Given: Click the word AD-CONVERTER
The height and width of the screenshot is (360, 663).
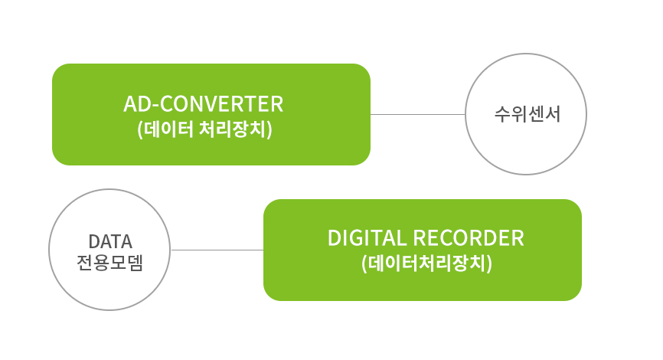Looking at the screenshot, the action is (203, 104).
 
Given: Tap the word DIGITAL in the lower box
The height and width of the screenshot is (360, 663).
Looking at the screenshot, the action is (367, 238).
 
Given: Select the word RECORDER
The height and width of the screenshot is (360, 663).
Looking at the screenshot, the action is (468, 238).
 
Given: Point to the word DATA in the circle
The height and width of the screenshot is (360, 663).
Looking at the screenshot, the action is (110, 242).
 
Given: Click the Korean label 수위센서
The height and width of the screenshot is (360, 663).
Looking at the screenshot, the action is (527, 114).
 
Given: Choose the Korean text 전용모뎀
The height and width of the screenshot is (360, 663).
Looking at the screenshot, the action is (110, 263).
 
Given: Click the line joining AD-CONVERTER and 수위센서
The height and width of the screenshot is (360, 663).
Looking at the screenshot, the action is (418, 114).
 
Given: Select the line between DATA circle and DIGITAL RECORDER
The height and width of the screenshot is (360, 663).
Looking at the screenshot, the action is (217, 250).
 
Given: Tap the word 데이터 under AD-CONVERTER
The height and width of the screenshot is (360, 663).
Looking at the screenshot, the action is (168, 129).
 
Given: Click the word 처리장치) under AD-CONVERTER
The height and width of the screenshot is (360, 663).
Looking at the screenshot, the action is (236, 129).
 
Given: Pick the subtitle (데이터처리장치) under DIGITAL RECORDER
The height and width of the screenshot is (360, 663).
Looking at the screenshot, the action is (426, 263).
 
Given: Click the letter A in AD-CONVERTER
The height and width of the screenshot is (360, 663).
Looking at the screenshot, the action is (130, 104).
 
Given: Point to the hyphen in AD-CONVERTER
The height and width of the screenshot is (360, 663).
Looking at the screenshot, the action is (155, 106).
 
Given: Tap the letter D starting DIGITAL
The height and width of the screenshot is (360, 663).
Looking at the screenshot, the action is (335, 238).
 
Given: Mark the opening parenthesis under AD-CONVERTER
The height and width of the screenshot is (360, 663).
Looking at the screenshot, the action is (140, 130).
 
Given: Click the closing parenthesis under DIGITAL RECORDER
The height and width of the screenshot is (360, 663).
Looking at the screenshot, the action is (489, 264).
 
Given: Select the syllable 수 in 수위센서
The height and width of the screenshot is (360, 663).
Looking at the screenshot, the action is (502, 114).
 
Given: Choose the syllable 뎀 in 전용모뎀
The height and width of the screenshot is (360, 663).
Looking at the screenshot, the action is (136, 263).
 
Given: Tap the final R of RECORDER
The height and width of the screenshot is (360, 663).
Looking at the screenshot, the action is (518, 238).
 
